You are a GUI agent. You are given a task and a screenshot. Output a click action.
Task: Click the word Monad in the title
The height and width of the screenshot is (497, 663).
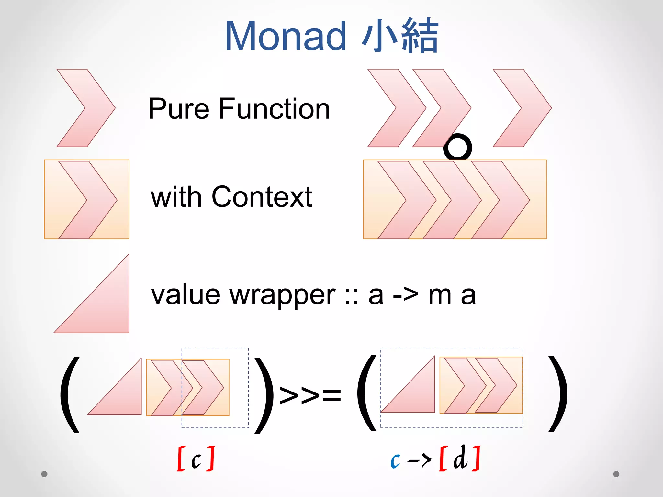click(x=286, y=36)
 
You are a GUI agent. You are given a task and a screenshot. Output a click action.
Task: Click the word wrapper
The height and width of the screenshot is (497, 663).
click(x=282, y=295)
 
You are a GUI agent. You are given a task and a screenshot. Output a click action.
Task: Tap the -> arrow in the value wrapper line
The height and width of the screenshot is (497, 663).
click(x=405, y=295)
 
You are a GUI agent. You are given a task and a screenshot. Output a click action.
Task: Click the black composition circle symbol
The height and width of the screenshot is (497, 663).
click(x=457, y=148)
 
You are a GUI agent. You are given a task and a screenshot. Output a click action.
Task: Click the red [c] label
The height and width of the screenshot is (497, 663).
click(x=196, y=459)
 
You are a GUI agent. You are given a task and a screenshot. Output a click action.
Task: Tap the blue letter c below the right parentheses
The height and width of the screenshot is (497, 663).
click(x=395, y=460)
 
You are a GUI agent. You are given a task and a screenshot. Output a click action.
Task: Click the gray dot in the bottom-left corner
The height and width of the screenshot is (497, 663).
click(x=44, y=474)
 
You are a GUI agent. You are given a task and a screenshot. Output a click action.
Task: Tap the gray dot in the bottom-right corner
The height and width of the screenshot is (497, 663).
click(x=616, y=474)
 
